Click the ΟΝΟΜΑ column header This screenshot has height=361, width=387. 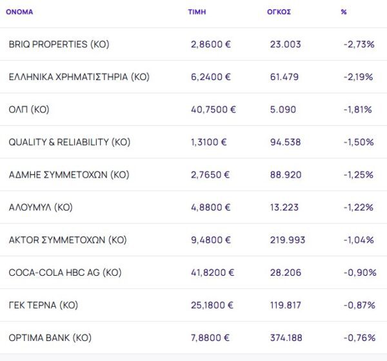click(19, 12)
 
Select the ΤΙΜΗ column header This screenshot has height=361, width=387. click(197, 12)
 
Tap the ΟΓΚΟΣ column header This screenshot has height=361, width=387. click(279, 12)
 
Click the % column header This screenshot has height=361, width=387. click(344, 12)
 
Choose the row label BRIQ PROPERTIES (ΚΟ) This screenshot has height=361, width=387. click(59, 45)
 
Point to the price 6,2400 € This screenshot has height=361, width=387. click(211, 77)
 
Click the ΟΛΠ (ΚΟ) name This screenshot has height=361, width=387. click(29, 109)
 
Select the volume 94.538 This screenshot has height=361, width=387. click(285, 142)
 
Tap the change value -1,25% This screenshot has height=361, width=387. click(359, 174)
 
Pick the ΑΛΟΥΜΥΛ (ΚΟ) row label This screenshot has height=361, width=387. click(41, 207)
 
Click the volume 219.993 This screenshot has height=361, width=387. click(288, 240)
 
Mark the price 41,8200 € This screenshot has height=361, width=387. click(213, 273)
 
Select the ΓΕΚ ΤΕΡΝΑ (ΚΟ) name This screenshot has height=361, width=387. click(43, 305)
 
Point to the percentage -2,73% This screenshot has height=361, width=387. click(359, 45)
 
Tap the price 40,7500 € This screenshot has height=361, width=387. click(213, 109)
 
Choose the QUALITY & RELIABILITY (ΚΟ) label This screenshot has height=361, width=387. click(70, 142)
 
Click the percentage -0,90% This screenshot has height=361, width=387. click(359, 273)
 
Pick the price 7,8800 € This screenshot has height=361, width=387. click(211, 337)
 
